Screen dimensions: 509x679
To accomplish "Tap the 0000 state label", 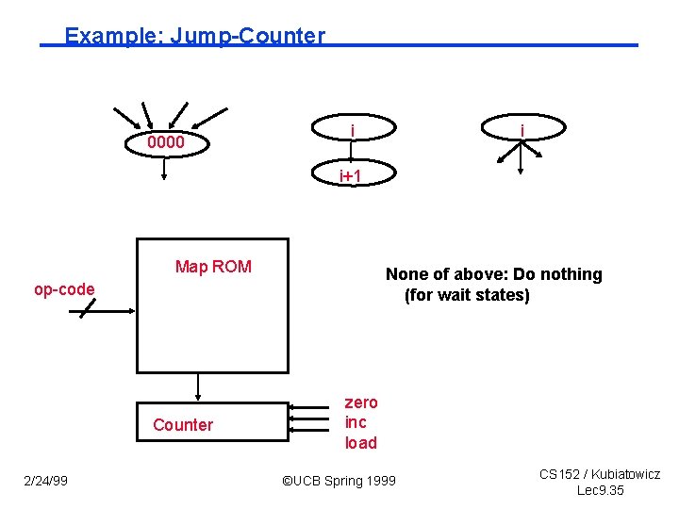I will pos(165,143).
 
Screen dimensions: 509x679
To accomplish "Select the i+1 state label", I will pos(352,175).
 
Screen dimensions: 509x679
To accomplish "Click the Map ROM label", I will pos(213,267).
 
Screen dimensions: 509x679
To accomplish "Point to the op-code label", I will pos(64,289).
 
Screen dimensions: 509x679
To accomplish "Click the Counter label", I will pos(183,425).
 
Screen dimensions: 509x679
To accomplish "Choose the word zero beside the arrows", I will pos(361,402).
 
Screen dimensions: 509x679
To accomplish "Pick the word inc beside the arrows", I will pos(356,422).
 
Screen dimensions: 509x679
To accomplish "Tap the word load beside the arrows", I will pos(360,443).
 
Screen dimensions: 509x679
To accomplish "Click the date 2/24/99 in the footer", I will pos(45,482).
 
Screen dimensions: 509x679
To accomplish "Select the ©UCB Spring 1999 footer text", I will pos(339,482).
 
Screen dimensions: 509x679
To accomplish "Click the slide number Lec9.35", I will pos(600,491).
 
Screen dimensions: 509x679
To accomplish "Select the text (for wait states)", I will pos(467,295).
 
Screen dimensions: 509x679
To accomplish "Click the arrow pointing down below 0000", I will pos(165,168).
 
